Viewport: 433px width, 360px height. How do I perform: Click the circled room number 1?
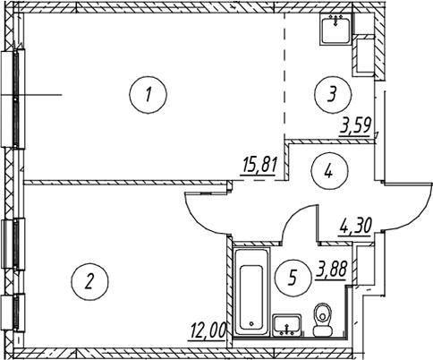click(149, 95)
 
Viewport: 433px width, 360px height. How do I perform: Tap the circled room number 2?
click(89, 281)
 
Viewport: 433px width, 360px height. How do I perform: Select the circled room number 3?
click(333, 95)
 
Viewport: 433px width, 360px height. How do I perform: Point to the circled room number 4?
click(329, 171)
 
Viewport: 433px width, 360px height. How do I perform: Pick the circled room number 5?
click(293, 278)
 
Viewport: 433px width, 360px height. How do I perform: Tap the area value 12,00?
click(207, 330)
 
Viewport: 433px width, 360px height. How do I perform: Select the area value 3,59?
click(356, 126)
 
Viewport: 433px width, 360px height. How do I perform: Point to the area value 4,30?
click(355, 227)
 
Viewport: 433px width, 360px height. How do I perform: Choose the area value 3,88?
click(331, 270)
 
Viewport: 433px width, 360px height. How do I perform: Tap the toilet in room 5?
click(323, 320)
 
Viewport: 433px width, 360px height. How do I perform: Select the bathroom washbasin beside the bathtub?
click(287, 325)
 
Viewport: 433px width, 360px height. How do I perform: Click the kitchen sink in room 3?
click(335, 29)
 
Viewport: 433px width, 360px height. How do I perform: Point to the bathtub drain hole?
click(251, 323)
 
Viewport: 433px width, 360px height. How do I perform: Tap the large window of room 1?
click(14, 99)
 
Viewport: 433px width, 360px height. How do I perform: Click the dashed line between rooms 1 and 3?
click(284, 75)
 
